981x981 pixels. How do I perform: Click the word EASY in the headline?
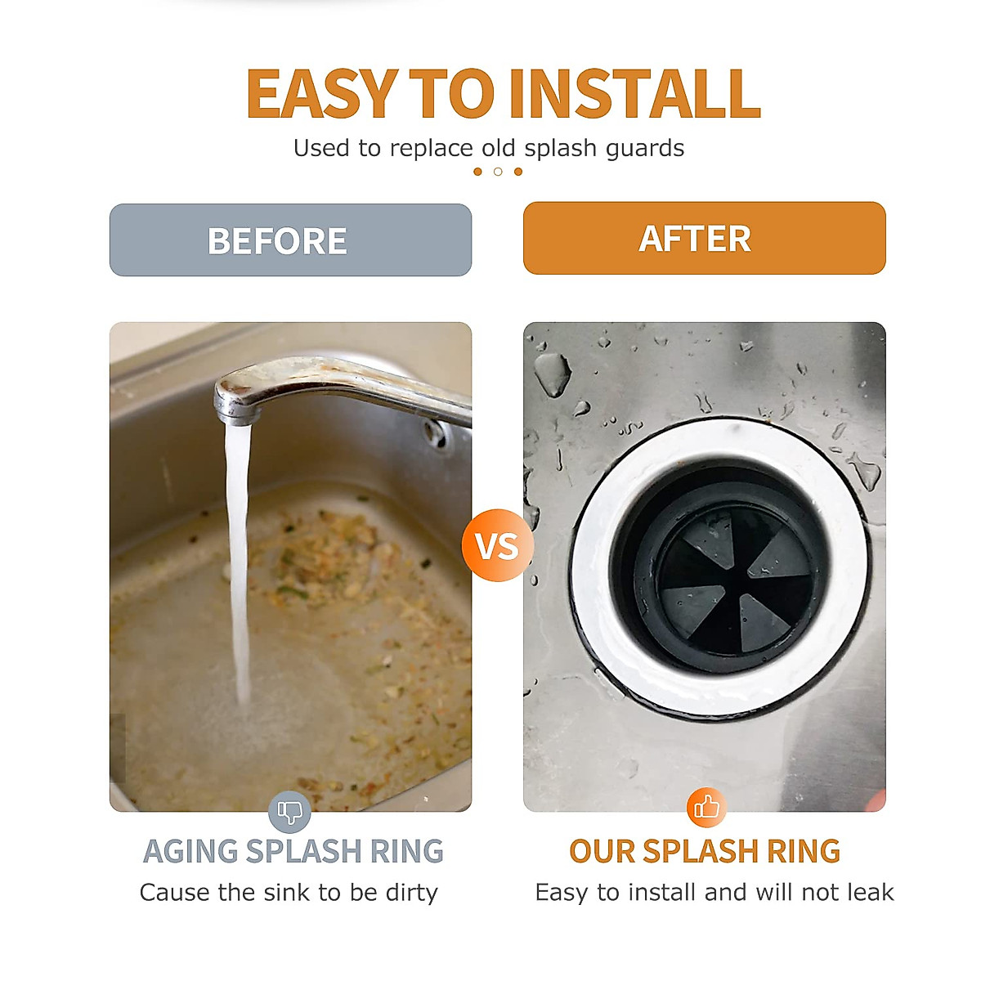click(x=322, y=94)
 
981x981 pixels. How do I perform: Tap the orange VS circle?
click(x=496, y=546)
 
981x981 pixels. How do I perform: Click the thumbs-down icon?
click(x=289, y=812)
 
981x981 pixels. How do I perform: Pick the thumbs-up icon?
click(x=706, y=808)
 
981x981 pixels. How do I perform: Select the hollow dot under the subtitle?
click(x=498, y=172)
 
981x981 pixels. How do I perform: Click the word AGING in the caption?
click(x=191, y=852)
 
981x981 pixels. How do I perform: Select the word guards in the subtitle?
click(x=645, y=149)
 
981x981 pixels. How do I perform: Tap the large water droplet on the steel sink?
click(x=553, y=372)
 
